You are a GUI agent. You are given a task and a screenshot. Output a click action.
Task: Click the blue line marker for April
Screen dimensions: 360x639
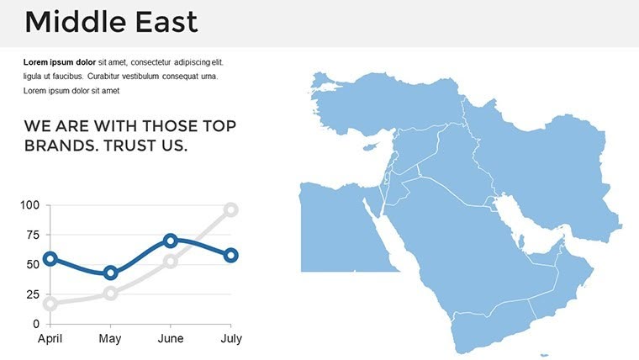[x=50, y=259]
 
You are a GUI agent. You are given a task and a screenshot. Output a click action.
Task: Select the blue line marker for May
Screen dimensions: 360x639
[x=110, y=273]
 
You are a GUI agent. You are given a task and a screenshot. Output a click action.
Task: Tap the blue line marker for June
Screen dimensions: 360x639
[x=171, y=241]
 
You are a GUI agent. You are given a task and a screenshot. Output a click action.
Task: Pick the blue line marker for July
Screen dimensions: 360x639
[x=231, y=255]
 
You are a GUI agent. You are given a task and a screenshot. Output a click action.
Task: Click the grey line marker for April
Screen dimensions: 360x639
[x=50, y=304]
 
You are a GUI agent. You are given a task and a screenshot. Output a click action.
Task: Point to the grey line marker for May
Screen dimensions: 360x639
[x=110, y=293]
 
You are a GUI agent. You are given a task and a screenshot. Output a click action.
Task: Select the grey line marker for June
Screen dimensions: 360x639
[x=171, y=261]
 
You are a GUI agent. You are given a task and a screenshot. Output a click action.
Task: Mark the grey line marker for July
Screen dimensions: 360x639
[x=231, y=209]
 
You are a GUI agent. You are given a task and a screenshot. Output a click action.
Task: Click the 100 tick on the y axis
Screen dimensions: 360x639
[x=29, y=205]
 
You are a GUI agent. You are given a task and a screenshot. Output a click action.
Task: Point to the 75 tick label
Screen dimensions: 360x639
[x=32, y=236]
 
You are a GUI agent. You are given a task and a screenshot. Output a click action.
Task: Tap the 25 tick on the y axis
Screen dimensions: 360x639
[x=32, y=294]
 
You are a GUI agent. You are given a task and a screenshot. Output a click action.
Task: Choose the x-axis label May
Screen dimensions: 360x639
[x=110, y=339]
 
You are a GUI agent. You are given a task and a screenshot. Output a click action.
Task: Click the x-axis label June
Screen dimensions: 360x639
[x=171, y=339]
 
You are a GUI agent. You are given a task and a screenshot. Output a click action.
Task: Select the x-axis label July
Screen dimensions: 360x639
[x=231, y=339]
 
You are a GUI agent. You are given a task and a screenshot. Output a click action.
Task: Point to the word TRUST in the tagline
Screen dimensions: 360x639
[x=131, y=146]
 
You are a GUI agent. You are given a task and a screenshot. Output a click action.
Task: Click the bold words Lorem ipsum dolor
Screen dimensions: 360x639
[x=60, y=62]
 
